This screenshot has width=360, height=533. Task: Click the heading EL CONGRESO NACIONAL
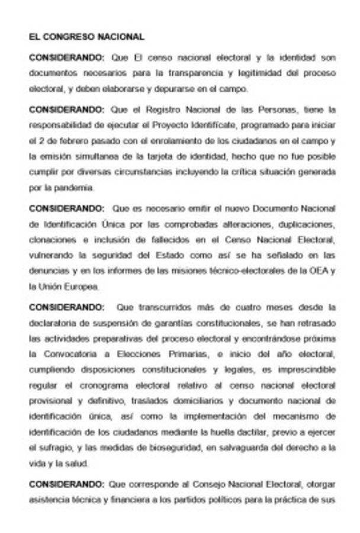tap(86, 37)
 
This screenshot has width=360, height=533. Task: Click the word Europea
tap(79, 286)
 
